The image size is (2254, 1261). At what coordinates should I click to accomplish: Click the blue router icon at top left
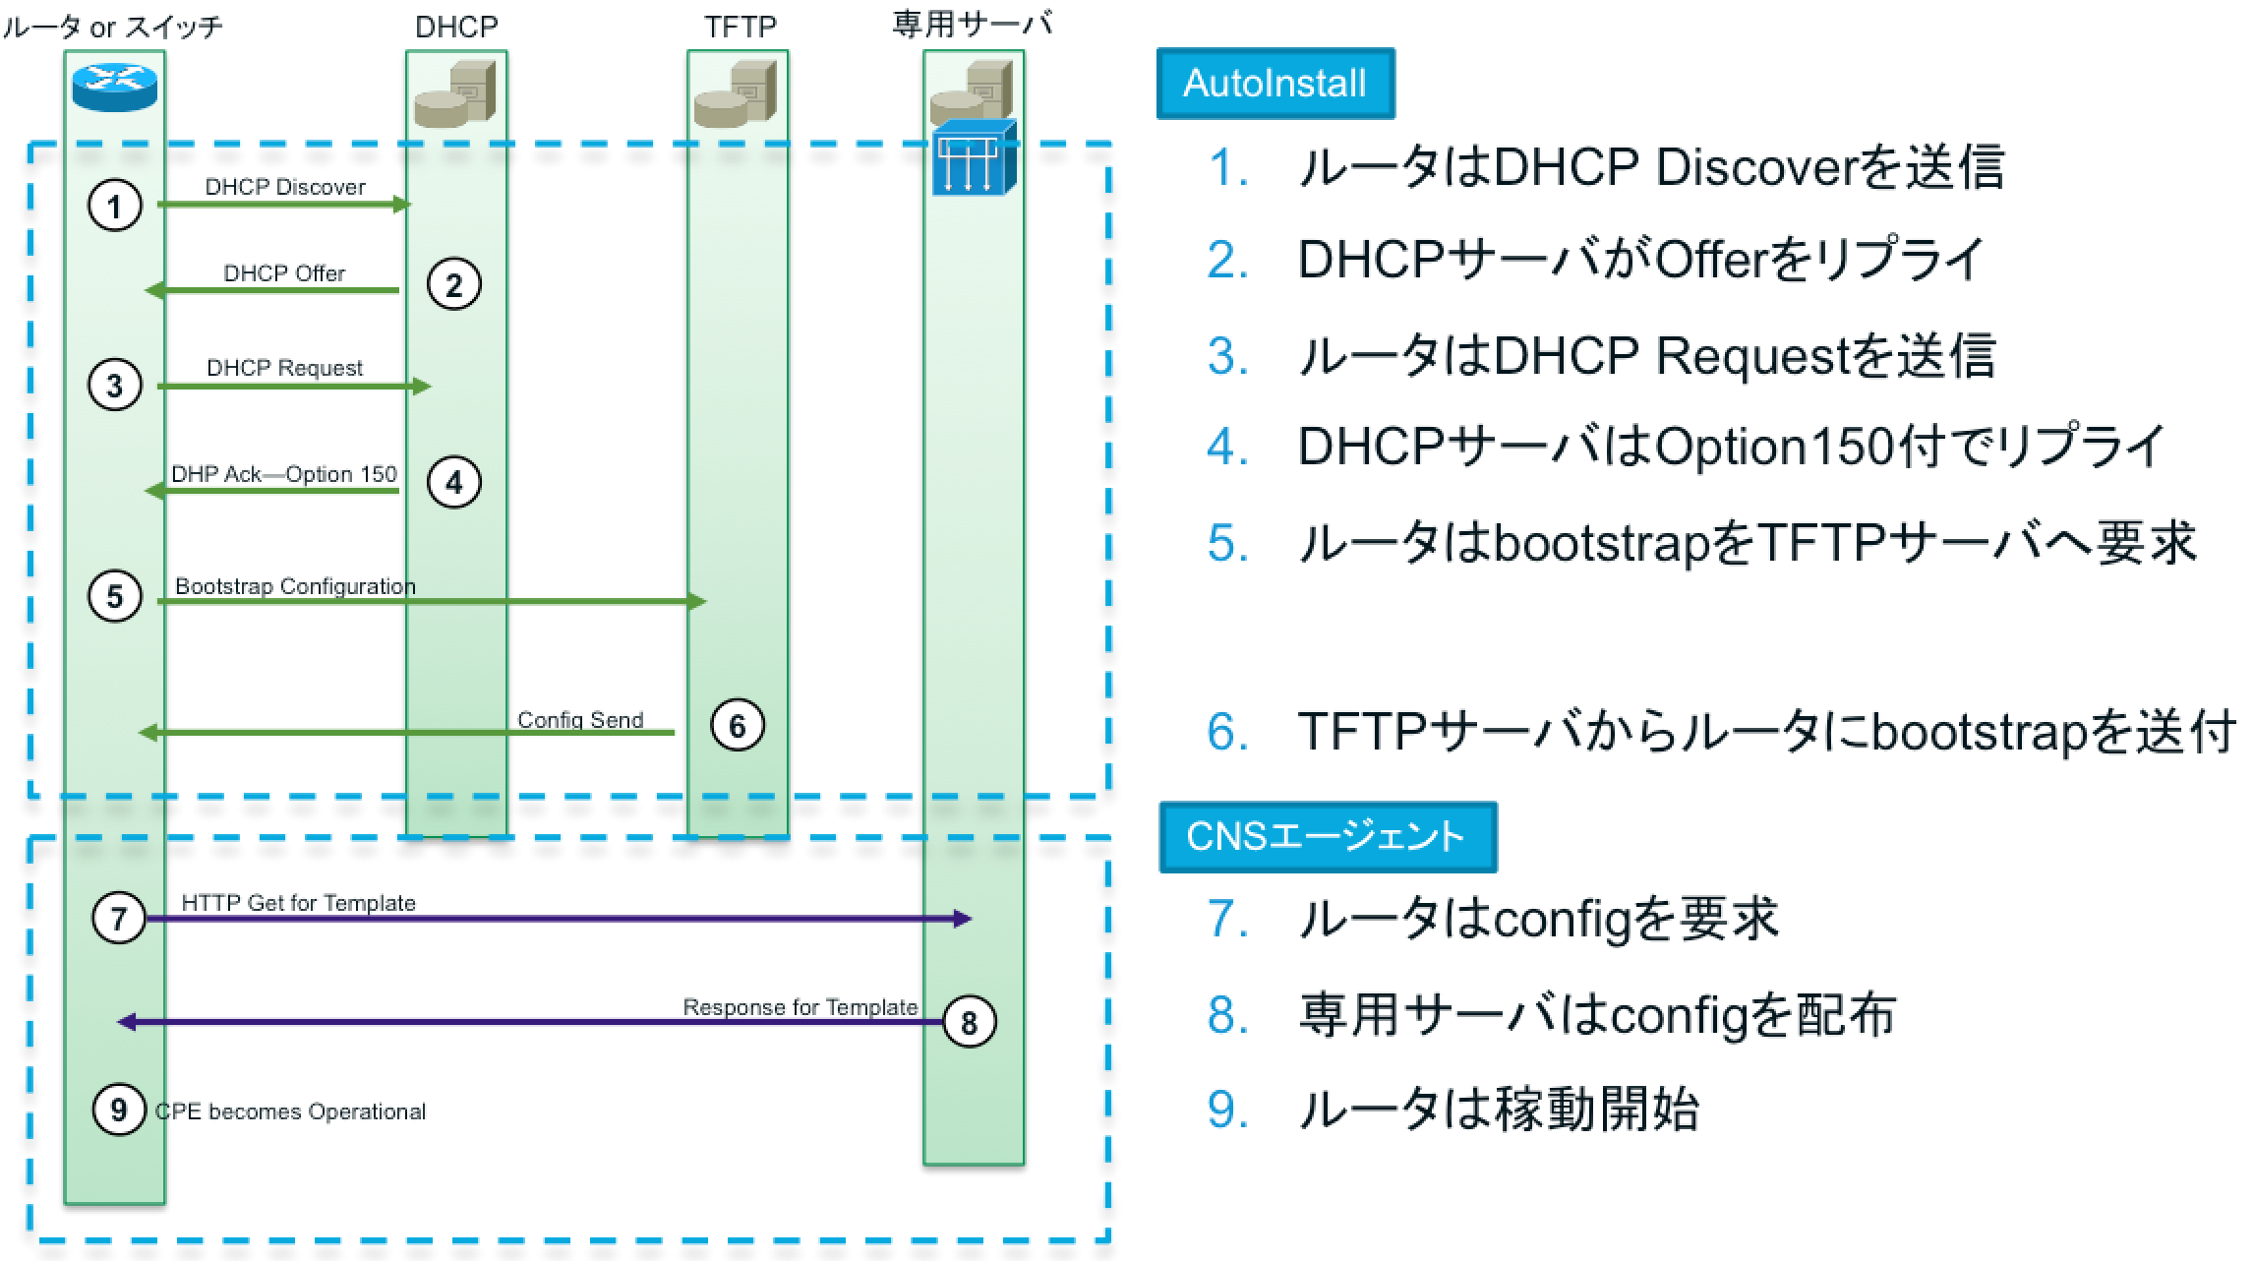[114, 88]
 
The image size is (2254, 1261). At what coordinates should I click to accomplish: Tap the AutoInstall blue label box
[1275, 84]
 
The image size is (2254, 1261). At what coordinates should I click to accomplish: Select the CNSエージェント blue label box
[1327, 837]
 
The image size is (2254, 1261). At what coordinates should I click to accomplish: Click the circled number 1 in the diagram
[115, 207]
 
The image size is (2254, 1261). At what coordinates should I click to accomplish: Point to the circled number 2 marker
[453, 285]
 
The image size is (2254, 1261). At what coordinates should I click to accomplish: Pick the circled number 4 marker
[453, 482]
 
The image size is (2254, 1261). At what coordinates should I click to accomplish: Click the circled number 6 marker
[737, 726]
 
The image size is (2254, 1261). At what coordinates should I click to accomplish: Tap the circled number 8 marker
[969, 1022]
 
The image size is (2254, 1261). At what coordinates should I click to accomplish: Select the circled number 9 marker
[119, 1110]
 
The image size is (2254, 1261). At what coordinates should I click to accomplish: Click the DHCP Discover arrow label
[285, 187]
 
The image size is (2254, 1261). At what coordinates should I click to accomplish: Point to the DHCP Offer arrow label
[284, 273]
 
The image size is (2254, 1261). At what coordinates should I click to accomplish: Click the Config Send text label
[580, 720]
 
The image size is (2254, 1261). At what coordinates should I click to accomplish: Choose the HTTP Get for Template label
[298, 903]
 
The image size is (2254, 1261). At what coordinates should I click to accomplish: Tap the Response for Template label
[800, 1007]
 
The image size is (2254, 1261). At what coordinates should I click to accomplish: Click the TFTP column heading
[740, 28]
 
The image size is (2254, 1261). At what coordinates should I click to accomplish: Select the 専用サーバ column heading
[972, 25]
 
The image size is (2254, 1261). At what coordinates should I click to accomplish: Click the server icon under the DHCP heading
[455, 95]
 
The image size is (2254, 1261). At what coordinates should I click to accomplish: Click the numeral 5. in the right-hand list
[1227, 543]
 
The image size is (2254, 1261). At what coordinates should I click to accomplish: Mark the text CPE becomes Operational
[291, 1111]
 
